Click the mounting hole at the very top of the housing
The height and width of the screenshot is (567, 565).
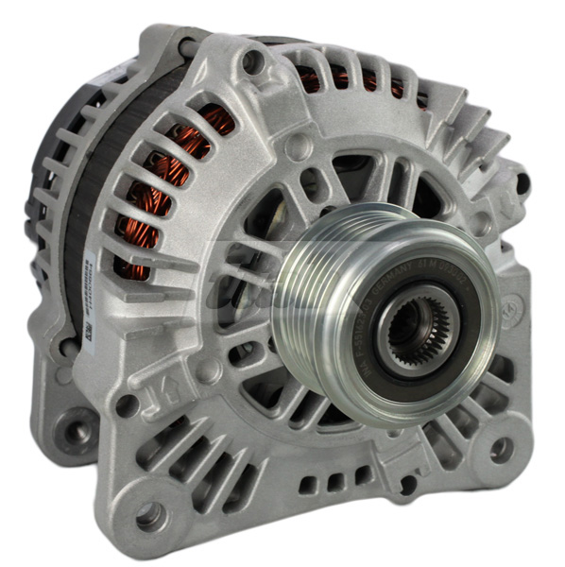(252, 61)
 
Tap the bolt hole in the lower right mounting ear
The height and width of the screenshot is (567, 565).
(500, 450)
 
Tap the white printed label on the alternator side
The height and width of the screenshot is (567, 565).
(83, 299)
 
